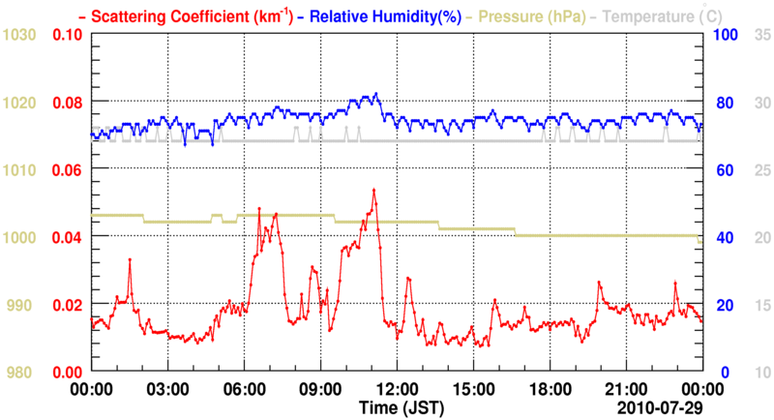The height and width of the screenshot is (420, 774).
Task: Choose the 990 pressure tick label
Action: click(23, 305)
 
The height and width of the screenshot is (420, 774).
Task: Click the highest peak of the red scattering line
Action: click(373, 190)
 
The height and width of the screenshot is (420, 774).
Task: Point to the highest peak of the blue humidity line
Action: click(376, 94)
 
